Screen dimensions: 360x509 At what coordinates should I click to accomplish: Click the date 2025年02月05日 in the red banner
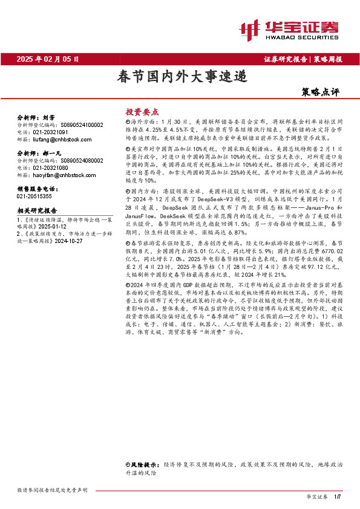click(48, 59)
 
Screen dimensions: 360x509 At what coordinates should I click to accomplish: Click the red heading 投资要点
click(142, 112)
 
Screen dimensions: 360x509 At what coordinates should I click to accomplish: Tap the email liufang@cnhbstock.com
click(58, 138)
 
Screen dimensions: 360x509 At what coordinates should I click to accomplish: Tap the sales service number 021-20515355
click(34, 196)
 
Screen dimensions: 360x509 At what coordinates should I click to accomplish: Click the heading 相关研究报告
click(36, 210)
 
